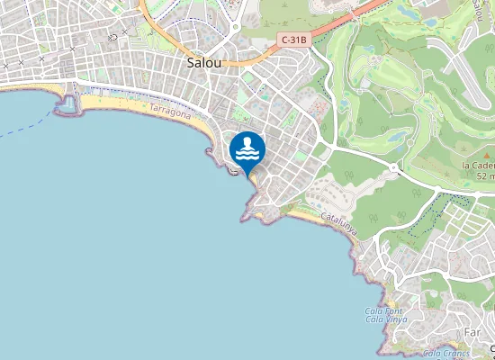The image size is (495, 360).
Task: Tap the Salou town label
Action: [206, 63]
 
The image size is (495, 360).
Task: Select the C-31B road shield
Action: [294, 40]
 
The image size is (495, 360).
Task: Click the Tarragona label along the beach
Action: [170, 112]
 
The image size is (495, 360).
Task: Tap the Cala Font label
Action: [385, 310]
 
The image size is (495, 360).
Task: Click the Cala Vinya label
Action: [387, 319]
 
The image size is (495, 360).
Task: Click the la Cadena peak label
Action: [478, 166]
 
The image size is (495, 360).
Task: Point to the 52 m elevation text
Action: [485, 176]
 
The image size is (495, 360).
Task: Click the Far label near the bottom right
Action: [472, 333]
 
